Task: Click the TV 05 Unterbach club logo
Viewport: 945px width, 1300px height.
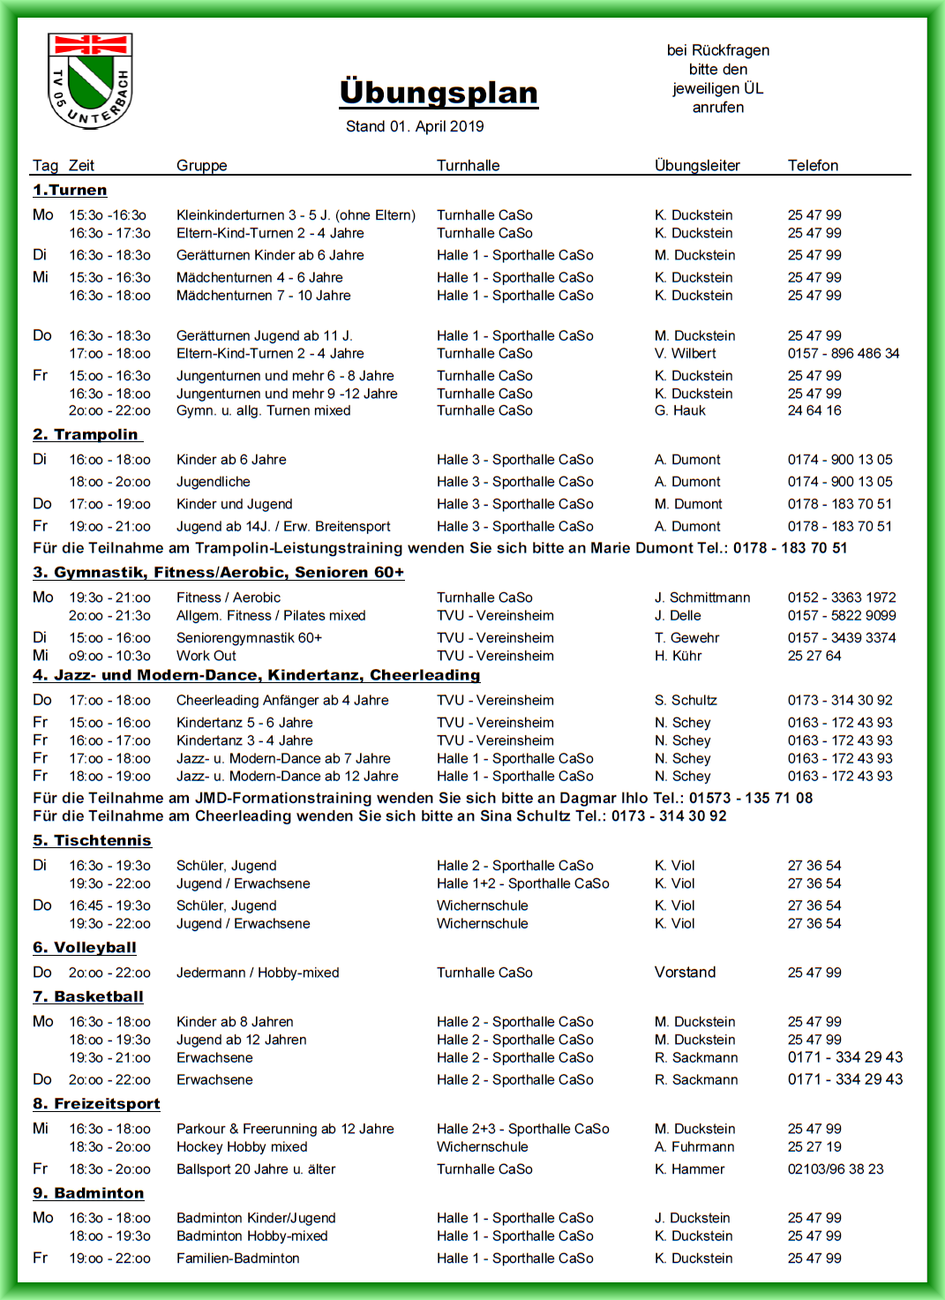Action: pos(89,80)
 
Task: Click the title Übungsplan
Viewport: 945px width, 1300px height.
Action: pos(439,93)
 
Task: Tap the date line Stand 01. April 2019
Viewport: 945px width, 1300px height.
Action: pos(415,126)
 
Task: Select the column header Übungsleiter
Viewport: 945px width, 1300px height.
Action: pos(697,165)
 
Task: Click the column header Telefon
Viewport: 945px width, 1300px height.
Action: pos(813,165)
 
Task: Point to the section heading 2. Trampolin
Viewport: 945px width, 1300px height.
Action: pos(86,434)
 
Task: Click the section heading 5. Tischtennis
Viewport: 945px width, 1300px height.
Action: pos(92,840)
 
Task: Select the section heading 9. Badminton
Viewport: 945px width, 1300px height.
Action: pos(88,1193)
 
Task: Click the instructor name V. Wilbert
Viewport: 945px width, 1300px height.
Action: pos(686,353)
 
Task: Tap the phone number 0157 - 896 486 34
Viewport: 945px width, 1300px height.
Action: pos(843,353)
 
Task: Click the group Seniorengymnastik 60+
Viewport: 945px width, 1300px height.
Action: pos(249,637)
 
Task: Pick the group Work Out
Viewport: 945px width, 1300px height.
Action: pos(206,656)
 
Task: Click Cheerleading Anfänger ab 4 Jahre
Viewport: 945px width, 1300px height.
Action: pos(282,700)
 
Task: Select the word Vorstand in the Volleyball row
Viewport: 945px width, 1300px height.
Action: pos(685,972)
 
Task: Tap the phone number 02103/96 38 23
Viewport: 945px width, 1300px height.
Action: pos(835,1168)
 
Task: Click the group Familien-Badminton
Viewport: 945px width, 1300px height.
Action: pos(237,1258)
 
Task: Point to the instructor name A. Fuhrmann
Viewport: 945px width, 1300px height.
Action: pos(694,1146)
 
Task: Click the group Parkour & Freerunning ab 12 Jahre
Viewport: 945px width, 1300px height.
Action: pos(285,1129)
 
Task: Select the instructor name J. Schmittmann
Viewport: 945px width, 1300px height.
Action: pos(702,597)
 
